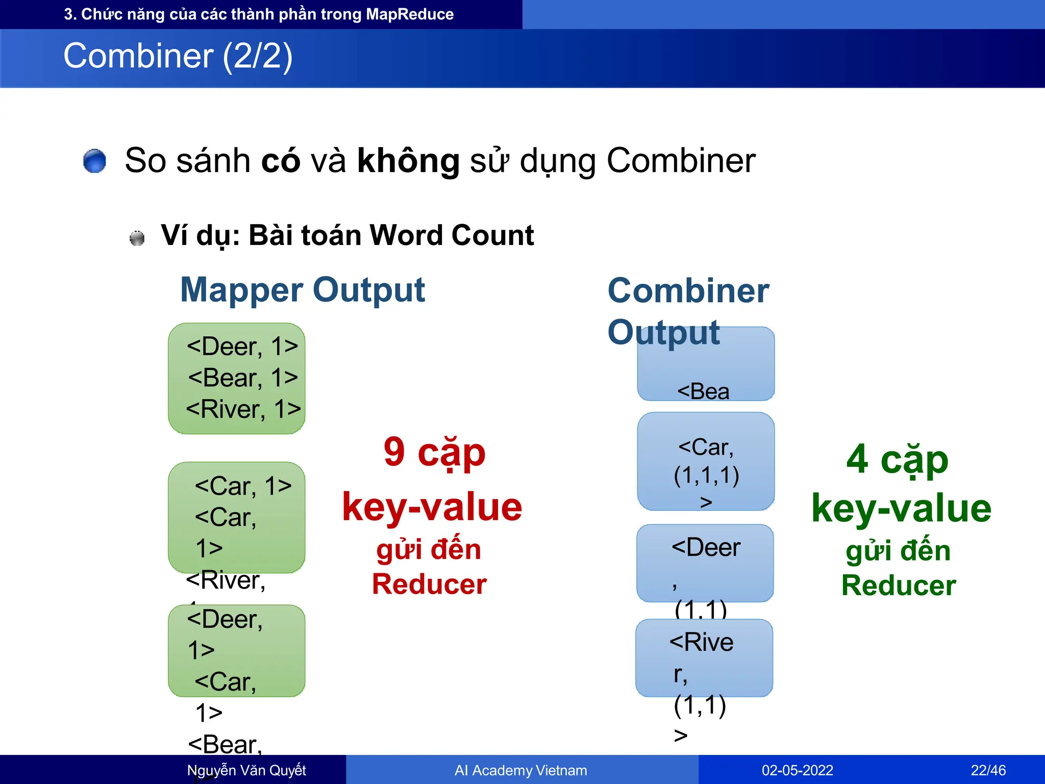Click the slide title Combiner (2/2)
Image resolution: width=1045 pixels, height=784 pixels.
tap(178, 56)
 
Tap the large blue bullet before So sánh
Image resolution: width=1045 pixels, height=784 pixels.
tap(94, 161)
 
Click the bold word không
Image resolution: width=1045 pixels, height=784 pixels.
tap(408, 161)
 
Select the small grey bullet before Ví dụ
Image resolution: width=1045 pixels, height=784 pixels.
tap(137, 238)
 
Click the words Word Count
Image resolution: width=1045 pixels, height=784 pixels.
tap(452, 235)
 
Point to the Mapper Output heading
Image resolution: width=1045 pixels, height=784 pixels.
tap(303, 290)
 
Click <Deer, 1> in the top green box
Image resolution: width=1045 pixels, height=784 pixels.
tap(242, 347)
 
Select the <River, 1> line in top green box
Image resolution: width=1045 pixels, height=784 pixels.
tap(243, 409)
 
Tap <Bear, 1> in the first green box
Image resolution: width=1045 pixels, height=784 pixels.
tap(243, 378)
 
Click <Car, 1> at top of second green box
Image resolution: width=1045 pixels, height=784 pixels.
tap(243, 486)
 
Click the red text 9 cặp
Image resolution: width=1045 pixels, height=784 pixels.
tap(434, 452)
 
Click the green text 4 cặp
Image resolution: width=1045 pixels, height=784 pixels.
tap(897, 459)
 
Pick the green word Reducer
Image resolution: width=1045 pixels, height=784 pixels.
tap(898, 585)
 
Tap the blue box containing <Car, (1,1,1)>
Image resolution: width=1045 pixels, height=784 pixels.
tap(706, 461)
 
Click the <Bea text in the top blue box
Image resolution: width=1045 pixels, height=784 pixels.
tap(703, 392)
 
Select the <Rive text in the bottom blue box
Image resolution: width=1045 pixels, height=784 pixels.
tap(701, 642)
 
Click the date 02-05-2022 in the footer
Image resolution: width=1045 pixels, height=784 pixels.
tap(797, 770)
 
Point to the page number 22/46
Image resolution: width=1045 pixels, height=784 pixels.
tap(988, 770)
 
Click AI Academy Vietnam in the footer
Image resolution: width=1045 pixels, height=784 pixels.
tap(520, 770)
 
